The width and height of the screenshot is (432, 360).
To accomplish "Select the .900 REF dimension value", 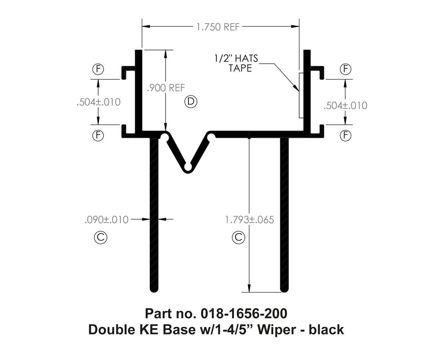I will click(x=166, y=88).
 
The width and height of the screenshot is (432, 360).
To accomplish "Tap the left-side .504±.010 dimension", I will click(x=98, y=102).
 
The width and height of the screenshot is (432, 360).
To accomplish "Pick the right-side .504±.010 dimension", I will click(x=345, y=106).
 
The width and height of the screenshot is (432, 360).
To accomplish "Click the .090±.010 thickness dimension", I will click(x=107, y=220).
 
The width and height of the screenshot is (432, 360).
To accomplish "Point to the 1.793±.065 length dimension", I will click(x=249, y=220).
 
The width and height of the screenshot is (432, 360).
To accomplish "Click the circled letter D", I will click(x=191, y=102).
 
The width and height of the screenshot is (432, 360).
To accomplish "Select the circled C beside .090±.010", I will click(x=100, y=238).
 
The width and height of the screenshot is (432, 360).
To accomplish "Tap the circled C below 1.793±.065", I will click(x=238, y=238).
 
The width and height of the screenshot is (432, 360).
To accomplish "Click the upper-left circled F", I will click(x=98, y=69).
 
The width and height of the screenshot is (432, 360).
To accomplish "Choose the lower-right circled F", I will click(x=345, y=136).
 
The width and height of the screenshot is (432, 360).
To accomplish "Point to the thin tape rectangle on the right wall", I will click(x=301, y=95).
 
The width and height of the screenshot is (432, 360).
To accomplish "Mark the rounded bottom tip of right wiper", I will click(x=284, y=289).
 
